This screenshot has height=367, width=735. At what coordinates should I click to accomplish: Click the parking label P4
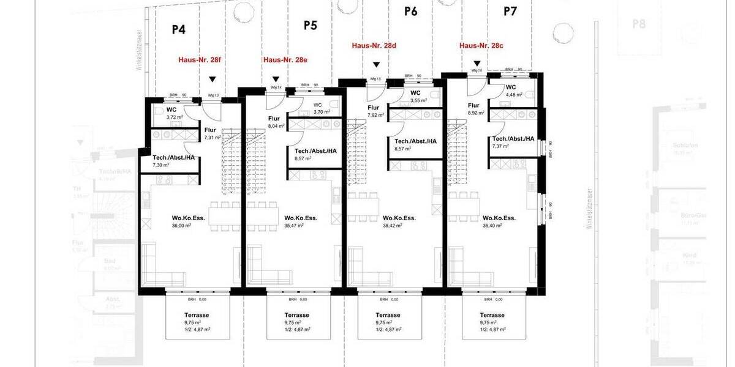coord(178,29)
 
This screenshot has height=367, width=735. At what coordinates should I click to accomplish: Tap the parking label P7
coord(510,11)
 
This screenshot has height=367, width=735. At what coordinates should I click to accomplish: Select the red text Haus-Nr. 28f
coord(199,60)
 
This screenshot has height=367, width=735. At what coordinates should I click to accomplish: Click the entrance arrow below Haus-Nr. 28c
coord(477,64)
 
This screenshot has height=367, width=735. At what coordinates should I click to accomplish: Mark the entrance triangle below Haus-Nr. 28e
coord(276,79)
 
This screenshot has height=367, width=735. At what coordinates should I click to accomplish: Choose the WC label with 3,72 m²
coord(171,110)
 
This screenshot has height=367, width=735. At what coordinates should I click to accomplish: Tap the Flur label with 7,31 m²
coord(210,130)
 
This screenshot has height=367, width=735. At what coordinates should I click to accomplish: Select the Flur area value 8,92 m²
coord(477,113)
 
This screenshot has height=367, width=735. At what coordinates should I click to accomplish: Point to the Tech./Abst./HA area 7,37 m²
coord(501,146)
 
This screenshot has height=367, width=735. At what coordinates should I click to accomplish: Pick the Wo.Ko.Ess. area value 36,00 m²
coord(182,226)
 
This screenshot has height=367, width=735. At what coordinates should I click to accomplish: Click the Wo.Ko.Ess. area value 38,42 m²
coord(392,226)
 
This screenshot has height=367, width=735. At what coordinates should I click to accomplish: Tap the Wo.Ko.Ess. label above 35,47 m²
coord(301,218)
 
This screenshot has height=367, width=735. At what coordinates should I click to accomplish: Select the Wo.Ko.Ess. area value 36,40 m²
coord(492,226)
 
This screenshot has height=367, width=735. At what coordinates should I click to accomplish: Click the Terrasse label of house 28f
coord(197,315)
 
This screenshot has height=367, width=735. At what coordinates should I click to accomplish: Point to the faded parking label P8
coord(639,24)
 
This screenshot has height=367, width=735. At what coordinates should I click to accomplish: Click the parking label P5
coord(311,25)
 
